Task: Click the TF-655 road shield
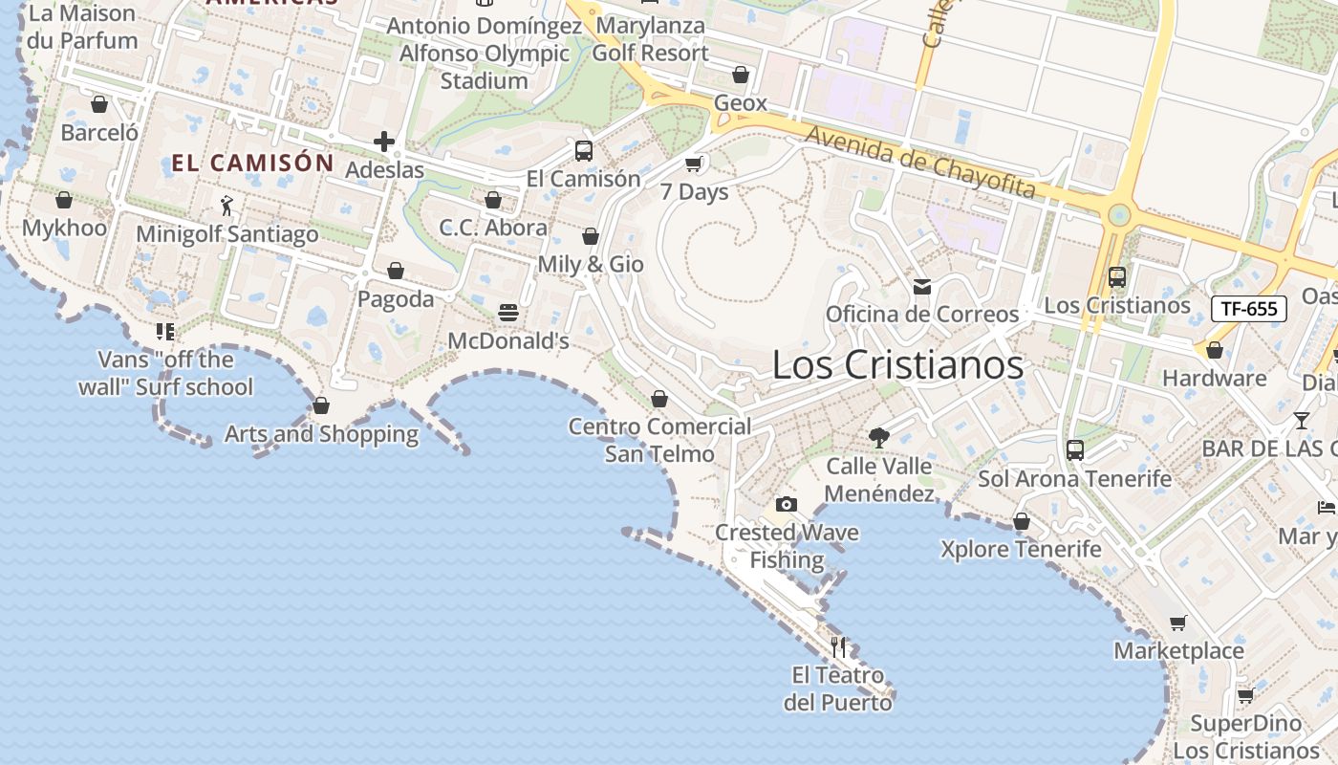[x=1249, y=309]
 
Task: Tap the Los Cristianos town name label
[x=897, y=364]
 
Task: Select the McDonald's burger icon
[x=508, y=313]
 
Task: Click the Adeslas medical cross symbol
[x=384, y=142]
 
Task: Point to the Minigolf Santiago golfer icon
[x=227, y=206]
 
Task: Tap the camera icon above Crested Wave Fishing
[x=786, y=504]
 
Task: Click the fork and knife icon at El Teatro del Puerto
[x=838, y=647]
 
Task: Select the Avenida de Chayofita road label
[x=919, y=163]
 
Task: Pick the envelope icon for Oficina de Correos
[x=922, y=286]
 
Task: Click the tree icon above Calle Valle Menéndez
[x=879, y=438]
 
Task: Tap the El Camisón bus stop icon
[x=583, y=150]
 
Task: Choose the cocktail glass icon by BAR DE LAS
[x=1302, y=420]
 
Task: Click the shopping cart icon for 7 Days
[x=695, y=164]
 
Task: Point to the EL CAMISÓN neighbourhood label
[x=252, y=164]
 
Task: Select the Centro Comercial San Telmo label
[x=659, y=440]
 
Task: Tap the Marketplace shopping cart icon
[x=1178, y=623]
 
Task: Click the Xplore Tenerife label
[x=1021, y=550]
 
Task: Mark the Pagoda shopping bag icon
[x=396, y=272]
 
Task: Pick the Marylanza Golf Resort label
[x=650, y=39]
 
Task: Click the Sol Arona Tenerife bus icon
[x=1075, y=449]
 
